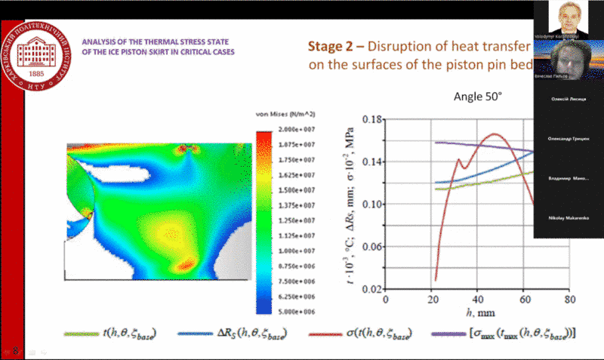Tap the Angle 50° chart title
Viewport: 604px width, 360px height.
click(477, 97)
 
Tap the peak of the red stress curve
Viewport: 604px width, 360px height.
click(494, 134)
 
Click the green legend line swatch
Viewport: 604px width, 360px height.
click(81, 332)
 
